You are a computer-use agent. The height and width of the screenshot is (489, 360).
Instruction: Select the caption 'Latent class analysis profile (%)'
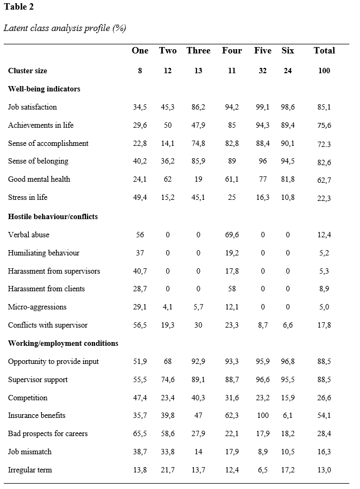click(65, 28)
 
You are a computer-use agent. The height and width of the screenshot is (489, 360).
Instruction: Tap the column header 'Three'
click(198, 51)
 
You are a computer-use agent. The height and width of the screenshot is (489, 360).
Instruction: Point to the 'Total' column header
click(324, 51)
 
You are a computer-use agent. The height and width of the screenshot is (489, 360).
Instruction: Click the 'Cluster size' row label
click(27, 71)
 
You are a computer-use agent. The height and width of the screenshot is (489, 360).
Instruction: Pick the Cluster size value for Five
click(262, 71)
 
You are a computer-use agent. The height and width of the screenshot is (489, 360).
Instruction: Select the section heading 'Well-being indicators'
click(44, 89)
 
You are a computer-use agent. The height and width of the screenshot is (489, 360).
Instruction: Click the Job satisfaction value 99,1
click(262, 107)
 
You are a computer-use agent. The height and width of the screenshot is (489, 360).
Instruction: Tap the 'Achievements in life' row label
click(41, 125)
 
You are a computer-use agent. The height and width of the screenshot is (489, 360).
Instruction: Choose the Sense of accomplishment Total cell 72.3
click(324, 144)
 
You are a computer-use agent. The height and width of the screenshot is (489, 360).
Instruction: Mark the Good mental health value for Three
click(198, 179)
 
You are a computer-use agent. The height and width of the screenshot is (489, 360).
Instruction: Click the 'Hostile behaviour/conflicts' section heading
click(53, 216)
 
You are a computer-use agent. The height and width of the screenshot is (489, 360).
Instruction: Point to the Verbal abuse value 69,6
click(232, 235)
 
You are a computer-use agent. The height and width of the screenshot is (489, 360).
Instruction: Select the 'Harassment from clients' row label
click(46, 289)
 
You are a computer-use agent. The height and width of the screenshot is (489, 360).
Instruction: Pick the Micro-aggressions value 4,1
click(168, 307)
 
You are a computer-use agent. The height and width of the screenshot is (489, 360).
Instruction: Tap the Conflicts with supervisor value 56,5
click(140, 325)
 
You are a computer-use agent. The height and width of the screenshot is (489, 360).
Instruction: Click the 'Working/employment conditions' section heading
click(63, 343)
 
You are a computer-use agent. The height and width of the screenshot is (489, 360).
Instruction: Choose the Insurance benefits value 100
click(262, 415)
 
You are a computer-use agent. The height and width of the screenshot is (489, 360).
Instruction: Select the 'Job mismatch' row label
click(30, 452)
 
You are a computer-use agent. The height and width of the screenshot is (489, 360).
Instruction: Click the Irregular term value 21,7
click(168, 470)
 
